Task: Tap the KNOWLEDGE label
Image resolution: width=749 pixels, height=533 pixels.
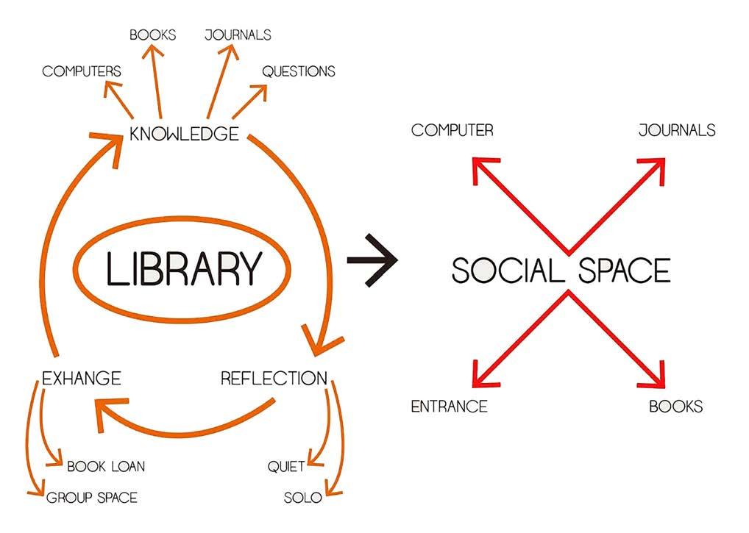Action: pos(184,134)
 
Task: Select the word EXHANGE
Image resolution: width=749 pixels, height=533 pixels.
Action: pos(82,379)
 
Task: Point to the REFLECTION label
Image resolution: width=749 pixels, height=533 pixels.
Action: pos(274,379)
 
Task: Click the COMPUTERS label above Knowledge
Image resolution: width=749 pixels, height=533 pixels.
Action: pos(82,71)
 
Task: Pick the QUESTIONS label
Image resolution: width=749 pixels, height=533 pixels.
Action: pos(299,71)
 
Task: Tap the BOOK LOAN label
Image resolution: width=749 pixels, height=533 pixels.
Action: pos(106,466)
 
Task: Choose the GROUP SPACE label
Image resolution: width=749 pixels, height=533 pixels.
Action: pos(92,498)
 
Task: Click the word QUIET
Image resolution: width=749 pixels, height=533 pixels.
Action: pos(286,466)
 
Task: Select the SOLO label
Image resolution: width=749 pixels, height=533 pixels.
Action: pos(303,498)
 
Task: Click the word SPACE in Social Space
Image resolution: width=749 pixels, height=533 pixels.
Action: pos(625,270)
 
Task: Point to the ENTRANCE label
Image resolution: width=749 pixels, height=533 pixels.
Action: pos(449,407)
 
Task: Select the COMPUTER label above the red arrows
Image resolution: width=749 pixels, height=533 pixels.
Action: pos(452,130)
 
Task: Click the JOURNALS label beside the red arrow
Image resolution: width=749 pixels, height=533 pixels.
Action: pos(677,130)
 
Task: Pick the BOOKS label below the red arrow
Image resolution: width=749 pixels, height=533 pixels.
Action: pos(675,407)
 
